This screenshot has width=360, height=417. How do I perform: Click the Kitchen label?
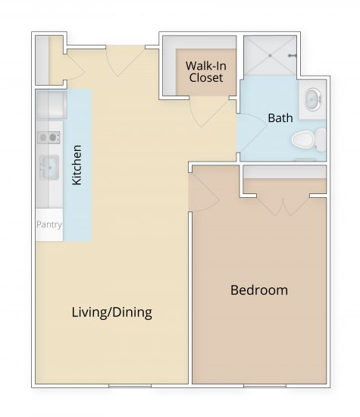coord(77,165)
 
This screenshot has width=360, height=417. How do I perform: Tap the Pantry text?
coord(49,225)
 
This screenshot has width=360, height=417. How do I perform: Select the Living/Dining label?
coord(111,312)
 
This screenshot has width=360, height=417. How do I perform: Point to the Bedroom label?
coord(258,290)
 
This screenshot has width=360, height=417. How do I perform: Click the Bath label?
coord(280,118)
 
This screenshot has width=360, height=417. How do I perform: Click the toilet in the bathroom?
coord(305,140)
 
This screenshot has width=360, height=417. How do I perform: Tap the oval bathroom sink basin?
coord(311,100)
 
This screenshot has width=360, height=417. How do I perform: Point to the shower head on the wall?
coord(293,55)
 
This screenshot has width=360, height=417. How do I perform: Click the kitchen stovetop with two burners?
coord(49,137)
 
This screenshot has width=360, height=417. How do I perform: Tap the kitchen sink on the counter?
coord(49,166)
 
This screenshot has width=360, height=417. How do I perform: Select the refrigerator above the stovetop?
coord(51,104)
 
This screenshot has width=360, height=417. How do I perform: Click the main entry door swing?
coord(125,61)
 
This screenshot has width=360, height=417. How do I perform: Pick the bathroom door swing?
coord(250,133)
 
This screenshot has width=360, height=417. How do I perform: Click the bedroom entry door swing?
coord(201,187)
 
